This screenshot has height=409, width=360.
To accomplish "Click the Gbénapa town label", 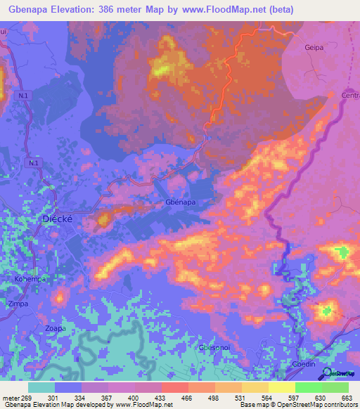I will coord(180,202).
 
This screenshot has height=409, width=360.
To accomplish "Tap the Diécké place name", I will coord(58,219).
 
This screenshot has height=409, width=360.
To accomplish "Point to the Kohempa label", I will coord(30,279).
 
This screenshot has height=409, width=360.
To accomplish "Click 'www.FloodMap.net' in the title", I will coord(229,9).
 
